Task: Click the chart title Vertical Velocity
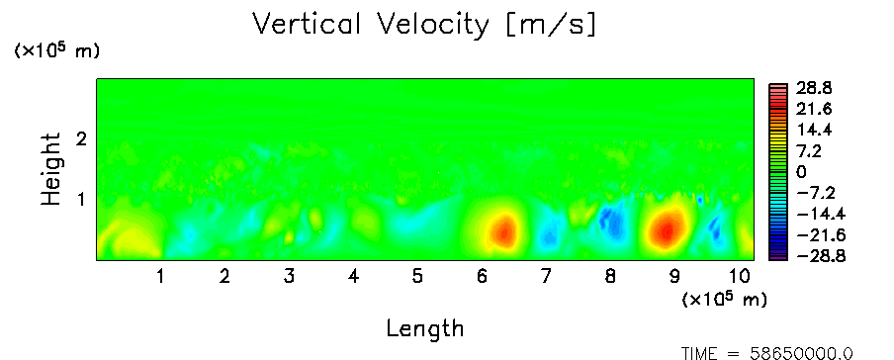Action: [x=370, y=25]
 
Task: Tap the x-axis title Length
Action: [x=425, y=329]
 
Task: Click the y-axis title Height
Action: [x=51, y=169]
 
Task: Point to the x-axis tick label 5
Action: [x=417, y=277]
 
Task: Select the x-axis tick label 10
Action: [x=739, y=277]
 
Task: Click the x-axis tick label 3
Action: [x=289, y=277]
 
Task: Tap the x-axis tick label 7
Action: [x=546, y=277]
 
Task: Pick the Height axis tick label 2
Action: [x=81, y=138]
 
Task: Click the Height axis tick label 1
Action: [x=81, y=200]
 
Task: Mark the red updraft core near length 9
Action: [x=667, y=228]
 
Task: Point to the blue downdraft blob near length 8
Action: [x=612, y=223]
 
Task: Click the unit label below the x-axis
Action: [x=724, y=299]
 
